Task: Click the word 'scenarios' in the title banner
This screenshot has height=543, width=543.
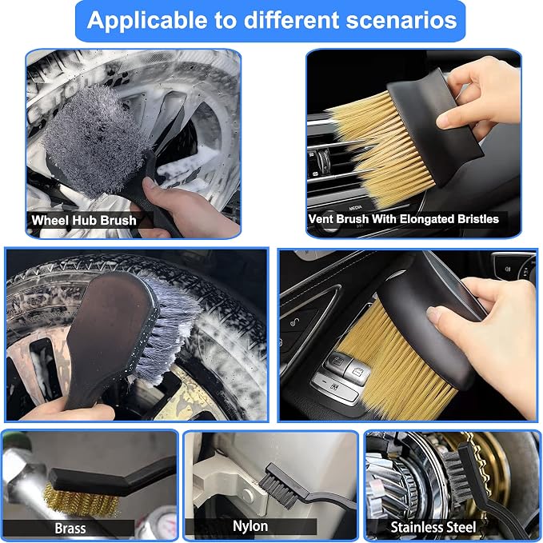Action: (x=401, y=20)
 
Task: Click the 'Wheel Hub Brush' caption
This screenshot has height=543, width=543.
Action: (x=84, y=220)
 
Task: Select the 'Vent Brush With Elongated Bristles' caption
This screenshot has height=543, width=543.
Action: (x=403, y=219)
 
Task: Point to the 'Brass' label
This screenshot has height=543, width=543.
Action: (x=70, y=529)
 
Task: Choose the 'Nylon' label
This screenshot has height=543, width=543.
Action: (x=250, y=526)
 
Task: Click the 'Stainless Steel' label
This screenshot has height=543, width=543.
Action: (x=433, y=528)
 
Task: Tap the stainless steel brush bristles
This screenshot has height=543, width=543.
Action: (x=457, y=475)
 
